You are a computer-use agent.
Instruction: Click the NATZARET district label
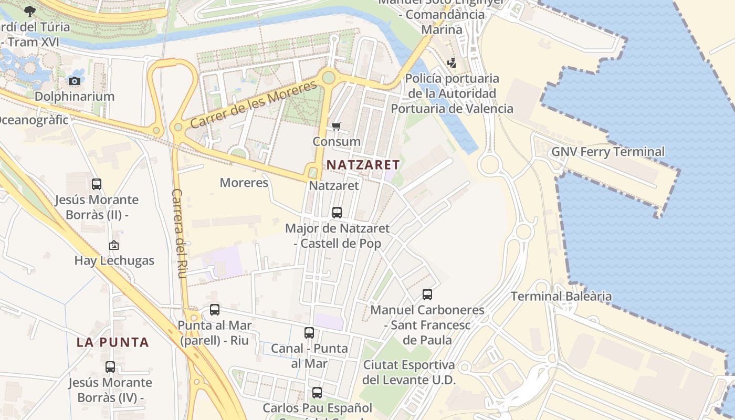click(x=363, y=164)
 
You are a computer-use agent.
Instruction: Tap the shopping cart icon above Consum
click(x=337, y=126)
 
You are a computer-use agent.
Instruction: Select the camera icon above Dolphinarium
click(x=75, y=81)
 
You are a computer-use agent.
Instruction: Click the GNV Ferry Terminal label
click(x=607, y=152)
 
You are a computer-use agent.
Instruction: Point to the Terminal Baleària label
click(x=561, y=296)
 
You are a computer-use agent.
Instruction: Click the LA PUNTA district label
click(x=113, y=342)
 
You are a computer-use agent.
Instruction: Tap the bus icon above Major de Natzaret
click(x=337, y=213)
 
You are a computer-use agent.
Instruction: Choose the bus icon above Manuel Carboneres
click(x=427, y=295)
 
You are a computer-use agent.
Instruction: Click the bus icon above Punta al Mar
click(x=215, y=310)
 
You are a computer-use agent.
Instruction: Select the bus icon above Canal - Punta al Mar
click(x=309, y=333)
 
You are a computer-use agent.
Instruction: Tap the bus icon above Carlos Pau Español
click(x=317, y=392)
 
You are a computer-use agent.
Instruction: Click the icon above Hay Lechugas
click(x=114, y=245)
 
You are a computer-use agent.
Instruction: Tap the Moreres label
click(x=244, y=183)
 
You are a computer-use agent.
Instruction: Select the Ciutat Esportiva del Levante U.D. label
click(x=409, y=372)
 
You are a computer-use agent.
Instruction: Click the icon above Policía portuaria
click(x=451, y=64)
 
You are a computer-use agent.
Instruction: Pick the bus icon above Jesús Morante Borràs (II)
click(x=97, y=184)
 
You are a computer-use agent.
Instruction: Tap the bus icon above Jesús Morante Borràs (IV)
click(x=110, y=367)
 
